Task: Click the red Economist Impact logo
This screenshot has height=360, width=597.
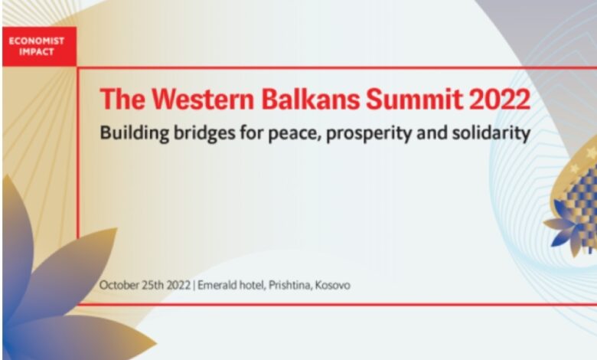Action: (x=40, y=47)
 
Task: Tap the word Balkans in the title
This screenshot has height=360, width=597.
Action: (x=310, y=99)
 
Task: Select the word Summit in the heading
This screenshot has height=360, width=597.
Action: (x=414, y=99)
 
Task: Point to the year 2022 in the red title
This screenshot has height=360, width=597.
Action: (x=500, y=99)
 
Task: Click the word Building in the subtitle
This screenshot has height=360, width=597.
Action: (x=134, y=134)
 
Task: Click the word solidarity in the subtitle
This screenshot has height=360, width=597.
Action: (x=491, y=134)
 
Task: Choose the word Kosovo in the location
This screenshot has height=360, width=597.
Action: (x=333, y=285)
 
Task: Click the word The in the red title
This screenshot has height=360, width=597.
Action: (x=122, y=99)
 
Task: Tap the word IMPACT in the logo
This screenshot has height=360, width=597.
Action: (x=37, y=52)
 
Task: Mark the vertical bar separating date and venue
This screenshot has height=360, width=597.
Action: (x=194, y=286)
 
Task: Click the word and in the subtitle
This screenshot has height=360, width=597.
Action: (x=432, y=133)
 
